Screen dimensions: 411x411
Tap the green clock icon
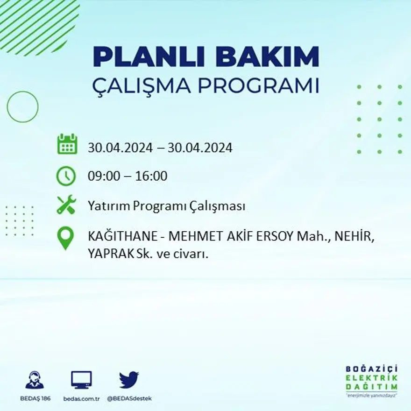click(x=66, y=176)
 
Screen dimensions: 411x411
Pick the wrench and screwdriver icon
click(x=66, y=205)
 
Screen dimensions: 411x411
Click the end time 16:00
click(x=151, y=177)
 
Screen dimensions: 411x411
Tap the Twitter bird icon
click(x=128, y=380)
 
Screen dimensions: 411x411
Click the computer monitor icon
click(x=81, y=380)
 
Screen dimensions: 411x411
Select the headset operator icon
click(x=34, y=380)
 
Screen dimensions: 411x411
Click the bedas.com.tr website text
click(x=82, y=398)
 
